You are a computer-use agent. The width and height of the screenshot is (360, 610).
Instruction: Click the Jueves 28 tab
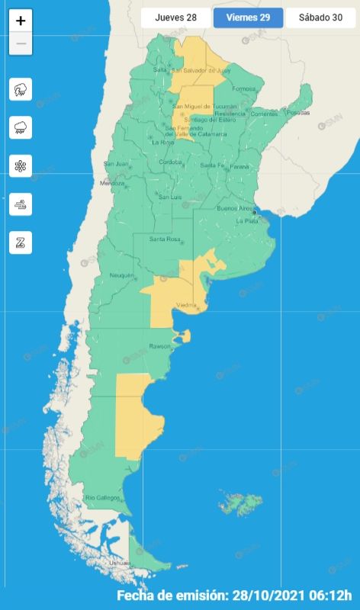176,18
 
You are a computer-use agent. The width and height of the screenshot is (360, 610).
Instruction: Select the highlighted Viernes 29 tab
248,18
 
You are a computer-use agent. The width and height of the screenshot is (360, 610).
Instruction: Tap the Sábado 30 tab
320,18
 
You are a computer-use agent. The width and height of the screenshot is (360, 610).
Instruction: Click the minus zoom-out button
21,43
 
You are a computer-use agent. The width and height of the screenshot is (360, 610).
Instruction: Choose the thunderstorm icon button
21,90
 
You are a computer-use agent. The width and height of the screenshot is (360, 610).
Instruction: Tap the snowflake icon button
21,166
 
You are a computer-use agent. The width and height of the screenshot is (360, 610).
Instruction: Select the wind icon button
21,204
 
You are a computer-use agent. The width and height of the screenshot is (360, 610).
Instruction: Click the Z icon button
21,242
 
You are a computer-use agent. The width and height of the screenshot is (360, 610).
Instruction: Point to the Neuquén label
122,275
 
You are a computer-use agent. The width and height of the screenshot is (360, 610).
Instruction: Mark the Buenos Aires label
236,207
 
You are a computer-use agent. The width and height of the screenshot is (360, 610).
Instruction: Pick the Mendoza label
111,184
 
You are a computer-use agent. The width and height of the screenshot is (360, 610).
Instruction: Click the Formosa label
244,89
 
